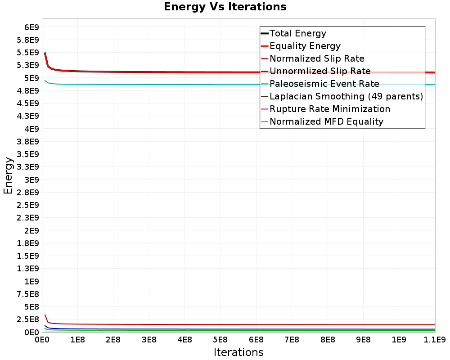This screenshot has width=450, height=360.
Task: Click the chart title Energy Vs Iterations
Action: (225, 7)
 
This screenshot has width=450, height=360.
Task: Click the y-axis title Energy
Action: (8, 175)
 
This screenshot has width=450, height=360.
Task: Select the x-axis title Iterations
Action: (238, 352)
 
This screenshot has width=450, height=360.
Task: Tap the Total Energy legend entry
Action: (297, 33)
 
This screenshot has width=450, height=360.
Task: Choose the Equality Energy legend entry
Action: (305, 46)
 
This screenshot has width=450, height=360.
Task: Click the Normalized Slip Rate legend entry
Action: (317, 58)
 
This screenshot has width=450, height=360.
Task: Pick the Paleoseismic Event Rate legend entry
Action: (324, 84)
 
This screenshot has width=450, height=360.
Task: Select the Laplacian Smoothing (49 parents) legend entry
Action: (346, 96)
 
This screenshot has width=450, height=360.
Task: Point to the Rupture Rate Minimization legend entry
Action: (330, 109)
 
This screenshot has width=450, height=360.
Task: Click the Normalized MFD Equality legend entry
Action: (326, 121)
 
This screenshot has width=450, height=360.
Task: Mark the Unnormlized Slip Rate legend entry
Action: (320, 71)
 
